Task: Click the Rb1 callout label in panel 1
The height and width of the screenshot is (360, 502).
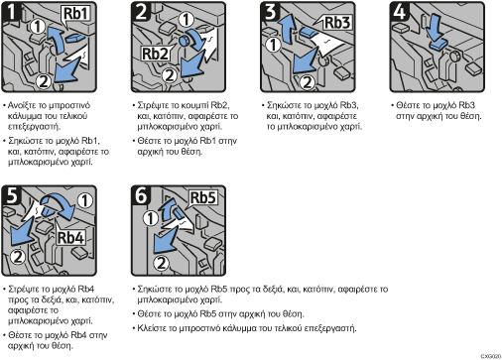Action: [76, 14]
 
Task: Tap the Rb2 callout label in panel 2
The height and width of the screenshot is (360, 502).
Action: [155, 54]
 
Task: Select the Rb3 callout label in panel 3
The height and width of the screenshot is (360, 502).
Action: [337, 23]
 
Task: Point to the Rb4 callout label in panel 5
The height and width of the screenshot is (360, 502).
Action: [70, 238]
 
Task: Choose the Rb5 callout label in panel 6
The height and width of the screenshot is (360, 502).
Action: [202, 198]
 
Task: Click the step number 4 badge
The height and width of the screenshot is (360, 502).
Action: [400, 12]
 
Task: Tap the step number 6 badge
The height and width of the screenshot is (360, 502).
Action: [141, 195]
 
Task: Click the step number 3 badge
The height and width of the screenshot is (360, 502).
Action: [270, 12]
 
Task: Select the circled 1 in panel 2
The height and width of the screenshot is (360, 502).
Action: [187, 20]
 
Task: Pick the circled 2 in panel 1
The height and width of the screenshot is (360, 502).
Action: [43, 81]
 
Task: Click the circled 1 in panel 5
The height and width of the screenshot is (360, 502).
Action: [85, 200]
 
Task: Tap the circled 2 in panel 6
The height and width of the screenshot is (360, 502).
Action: [161, 264]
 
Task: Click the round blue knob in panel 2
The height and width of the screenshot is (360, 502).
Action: [184, 41]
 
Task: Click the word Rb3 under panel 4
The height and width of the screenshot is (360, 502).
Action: [467, 105]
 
